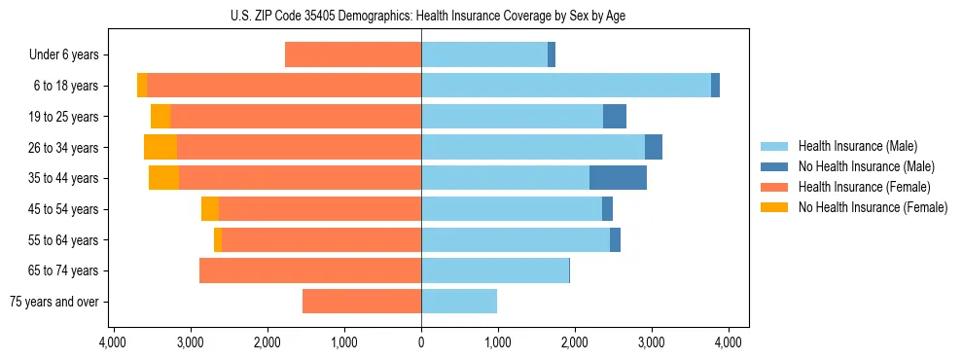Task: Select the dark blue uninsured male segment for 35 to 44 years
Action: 618,178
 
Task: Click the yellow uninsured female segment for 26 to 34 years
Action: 160,147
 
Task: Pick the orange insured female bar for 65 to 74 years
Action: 310,270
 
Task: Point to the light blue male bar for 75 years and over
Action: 459,302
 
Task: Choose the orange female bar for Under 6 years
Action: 353,54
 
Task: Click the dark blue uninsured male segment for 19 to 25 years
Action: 615,117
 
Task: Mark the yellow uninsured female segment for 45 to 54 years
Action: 210,209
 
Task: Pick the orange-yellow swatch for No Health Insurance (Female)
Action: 775,207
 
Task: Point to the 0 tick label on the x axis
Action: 421,342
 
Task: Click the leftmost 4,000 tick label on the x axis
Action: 113,342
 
